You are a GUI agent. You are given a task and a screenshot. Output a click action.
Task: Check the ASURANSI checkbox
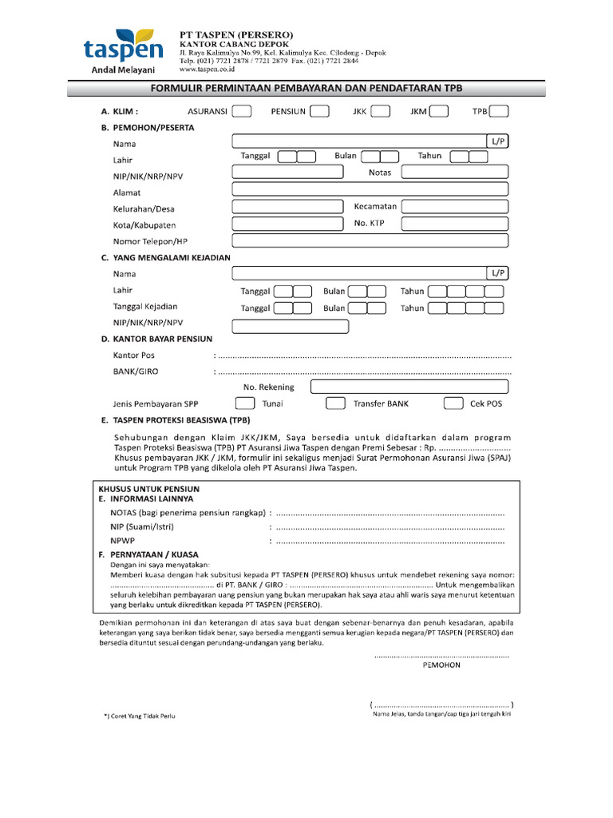click(243, 112)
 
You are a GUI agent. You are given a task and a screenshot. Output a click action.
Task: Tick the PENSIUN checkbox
click(319, 112)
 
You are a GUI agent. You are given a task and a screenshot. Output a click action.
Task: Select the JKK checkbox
click(380, 112)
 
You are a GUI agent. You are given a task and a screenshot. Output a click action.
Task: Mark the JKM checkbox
click(438, 112)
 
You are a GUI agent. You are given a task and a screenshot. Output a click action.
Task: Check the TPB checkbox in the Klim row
click(500, 112)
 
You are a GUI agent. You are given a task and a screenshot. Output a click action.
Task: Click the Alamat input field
click(370, 189)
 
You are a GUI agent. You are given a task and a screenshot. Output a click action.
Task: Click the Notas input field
click(454, 173)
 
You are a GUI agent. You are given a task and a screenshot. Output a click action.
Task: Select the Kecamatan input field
click(454, 207)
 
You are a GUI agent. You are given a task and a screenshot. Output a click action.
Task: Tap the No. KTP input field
click(454, 224)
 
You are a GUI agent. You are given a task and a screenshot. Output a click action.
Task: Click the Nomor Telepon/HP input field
click(370, 240)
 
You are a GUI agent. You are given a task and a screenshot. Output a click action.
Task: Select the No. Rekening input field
click(409, 387)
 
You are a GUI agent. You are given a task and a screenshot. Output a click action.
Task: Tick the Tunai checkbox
click(246, 404)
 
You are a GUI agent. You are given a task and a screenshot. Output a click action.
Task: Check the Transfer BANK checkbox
click(336, 404)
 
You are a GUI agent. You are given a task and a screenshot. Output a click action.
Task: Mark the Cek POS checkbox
click(453, 404)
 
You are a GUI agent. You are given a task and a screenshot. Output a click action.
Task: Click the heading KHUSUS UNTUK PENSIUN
click(148, 488)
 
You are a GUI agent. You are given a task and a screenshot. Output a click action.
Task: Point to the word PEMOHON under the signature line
click(441, 665)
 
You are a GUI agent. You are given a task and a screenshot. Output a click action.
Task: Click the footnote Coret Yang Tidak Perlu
click(140, 716)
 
